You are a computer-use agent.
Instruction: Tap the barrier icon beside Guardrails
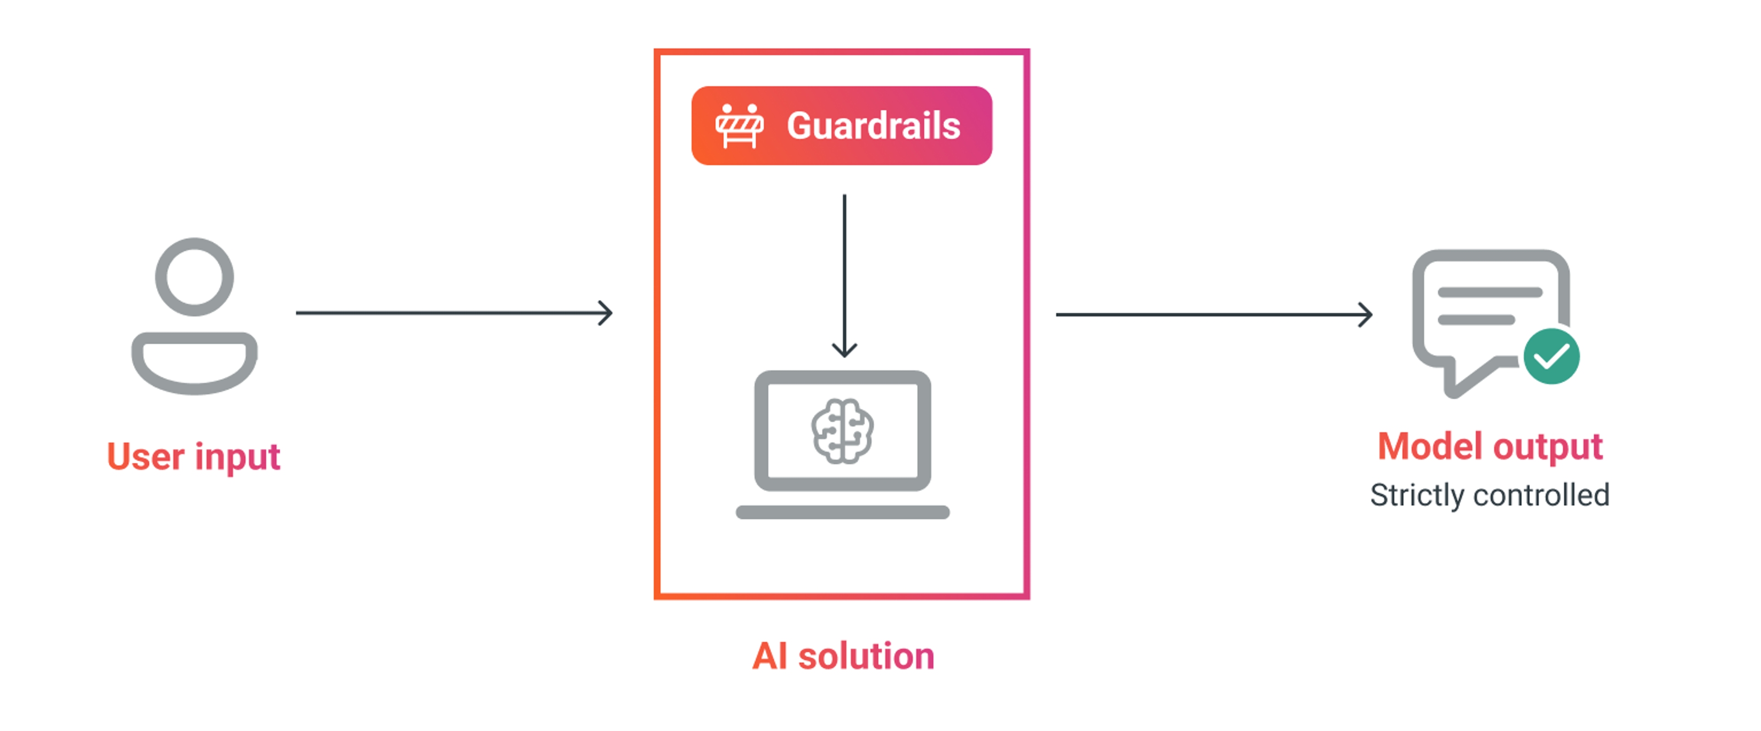[x=739, y=126]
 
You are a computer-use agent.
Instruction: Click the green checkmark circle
[x=1551, y=357]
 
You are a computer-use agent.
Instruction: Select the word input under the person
[x=237, y=457]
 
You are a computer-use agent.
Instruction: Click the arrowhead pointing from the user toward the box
[x=606, y=313]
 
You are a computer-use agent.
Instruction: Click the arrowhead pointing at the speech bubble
[x=1366, y=314]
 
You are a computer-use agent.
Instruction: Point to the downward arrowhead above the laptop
[x=844, y=350]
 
